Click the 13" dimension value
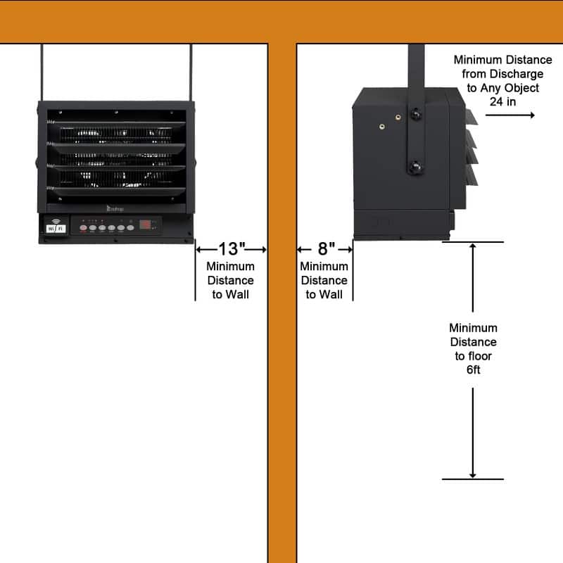[230, 249]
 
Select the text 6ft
[473, 370]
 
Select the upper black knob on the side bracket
[417, 113]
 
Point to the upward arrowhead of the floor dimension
[473, 248]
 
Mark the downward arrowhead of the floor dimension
[473, 474]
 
